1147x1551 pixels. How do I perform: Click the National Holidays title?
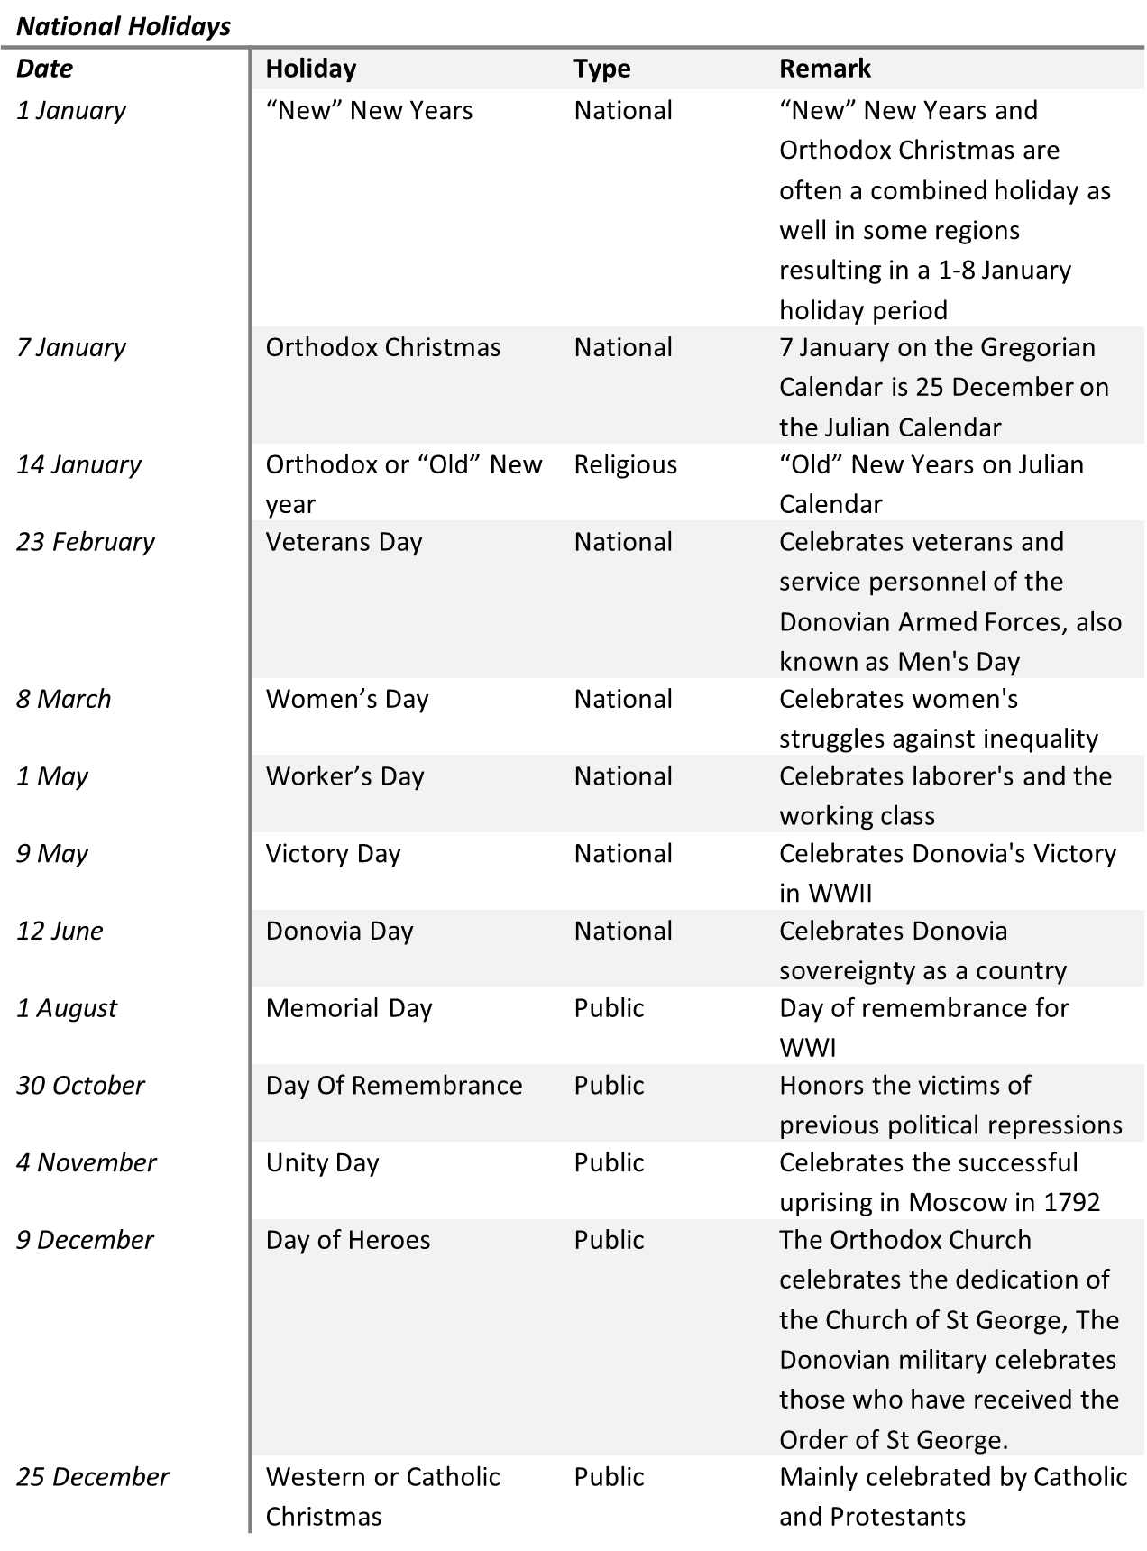click(124, 27)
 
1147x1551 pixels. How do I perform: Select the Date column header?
click(44, 69)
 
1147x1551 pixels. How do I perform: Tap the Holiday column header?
click(311, 69)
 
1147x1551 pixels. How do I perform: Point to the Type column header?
click(601, 69)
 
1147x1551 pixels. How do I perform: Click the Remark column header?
click(824, 69)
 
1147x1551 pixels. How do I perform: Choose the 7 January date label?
click(71, 348)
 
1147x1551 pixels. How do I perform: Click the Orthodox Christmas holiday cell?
click(382, 348)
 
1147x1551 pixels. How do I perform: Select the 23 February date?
click(86, 542)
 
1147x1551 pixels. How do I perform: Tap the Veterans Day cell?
click(344, 542)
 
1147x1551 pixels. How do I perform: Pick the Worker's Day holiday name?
click(344, 776)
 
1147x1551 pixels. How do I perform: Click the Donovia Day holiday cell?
click(339, 931)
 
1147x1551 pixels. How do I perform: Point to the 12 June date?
click(60, 931)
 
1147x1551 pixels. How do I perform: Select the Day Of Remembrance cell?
click(394, 1086)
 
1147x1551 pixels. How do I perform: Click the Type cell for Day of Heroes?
click(609, 1240)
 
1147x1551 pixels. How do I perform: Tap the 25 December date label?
click(93, 1477)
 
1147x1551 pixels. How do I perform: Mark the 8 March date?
click(63, 699)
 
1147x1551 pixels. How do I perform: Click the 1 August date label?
click(67, 1008)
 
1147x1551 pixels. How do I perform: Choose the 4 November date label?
click(87, 1163)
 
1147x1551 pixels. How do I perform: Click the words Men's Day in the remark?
click(959, 662)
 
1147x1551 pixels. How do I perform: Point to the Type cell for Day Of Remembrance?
click(609, 1086)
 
